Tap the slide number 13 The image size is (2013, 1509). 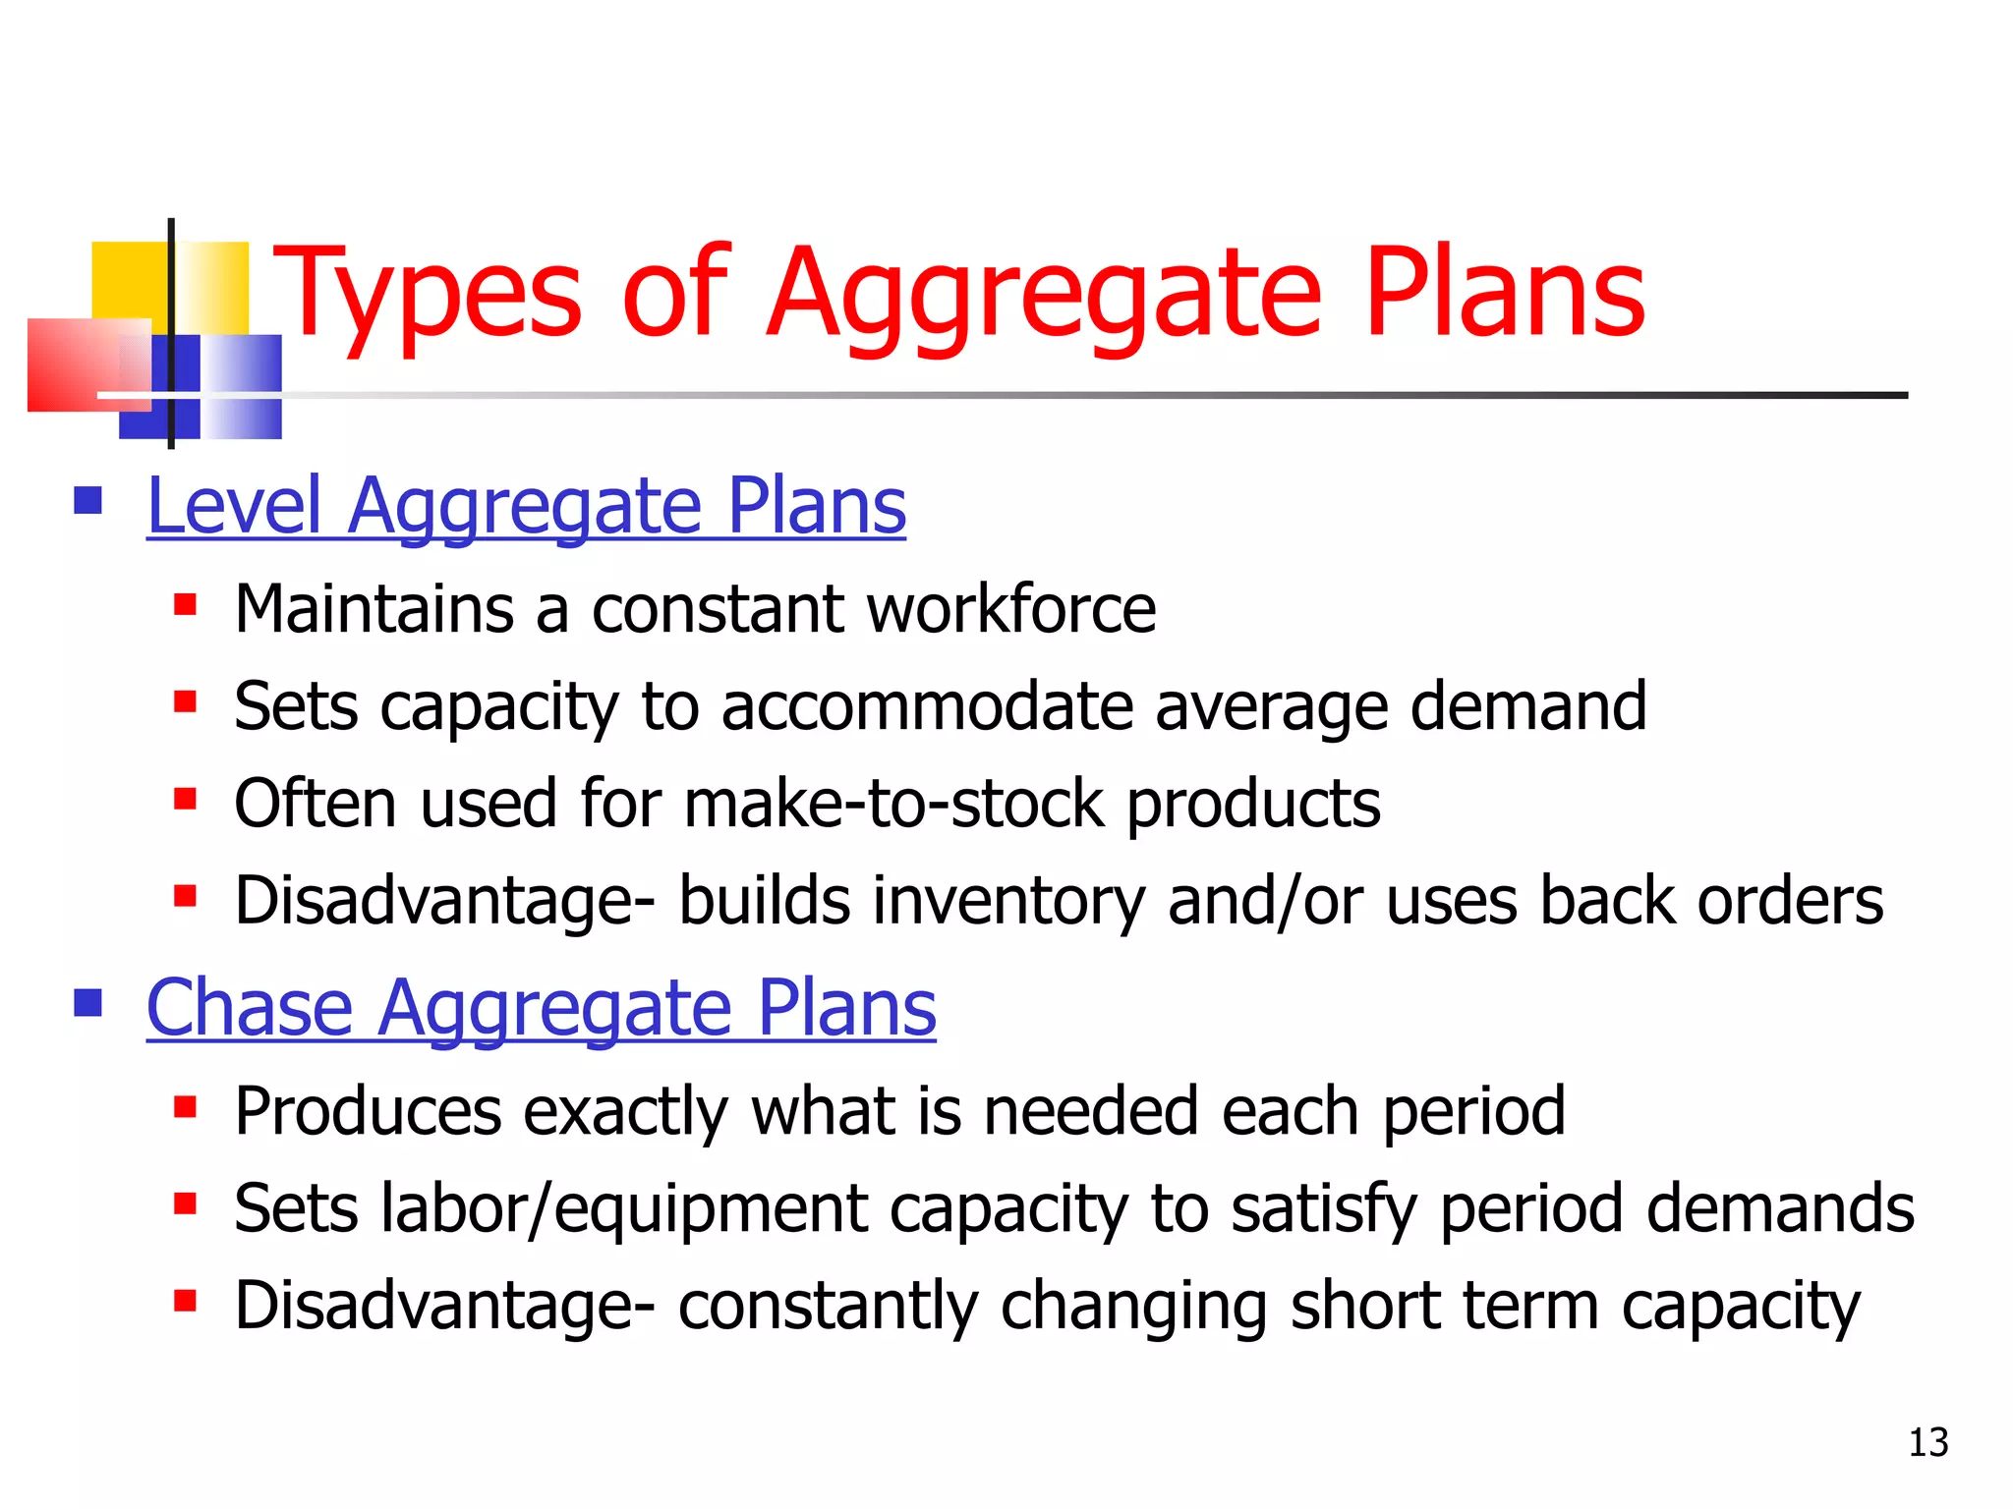(1927, 1442)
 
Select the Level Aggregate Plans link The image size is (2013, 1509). (526, 506)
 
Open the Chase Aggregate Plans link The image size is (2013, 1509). (541, 1008)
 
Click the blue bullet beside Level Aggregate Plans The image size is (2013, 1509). (88, 501)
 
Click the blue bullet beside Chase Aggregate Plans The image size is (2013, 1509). (88, 1003)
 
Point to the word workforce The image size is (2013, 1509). (1011, 609)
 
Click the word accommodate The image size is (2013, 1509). (927, 706)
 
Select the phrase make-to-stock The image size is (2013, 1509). (893, 804)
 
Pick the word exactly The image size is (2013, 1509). (625, 1111)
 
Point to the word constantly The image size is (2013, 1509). (828, 1306)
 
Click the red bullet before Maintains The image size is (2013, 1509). (185, 603)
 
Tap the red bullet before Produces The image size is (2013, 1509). (185, 1106)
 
